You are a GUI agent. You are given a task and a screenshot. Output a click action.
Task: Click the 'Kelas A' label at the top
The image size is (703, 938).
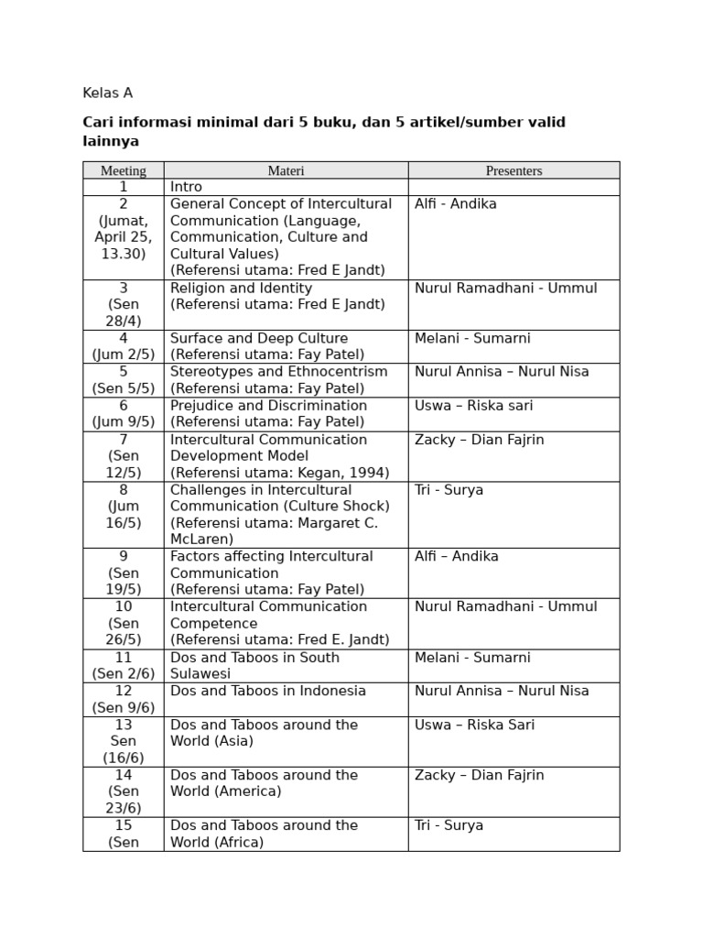pos(107,93)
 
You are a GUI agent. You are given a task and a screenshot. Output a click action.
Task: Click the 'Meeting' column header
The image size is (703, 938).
pos(123,170)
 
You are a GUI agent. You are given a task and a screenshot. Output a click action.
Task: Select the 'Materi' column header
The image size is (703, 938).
pos(286,170)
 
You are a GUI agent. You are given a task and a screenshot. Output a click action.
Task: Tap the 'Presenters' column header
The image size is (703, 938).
pos(514,170)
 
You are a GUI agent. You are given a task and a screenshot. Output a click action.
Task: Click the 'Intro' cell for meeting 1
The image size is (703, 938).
pos(186,187)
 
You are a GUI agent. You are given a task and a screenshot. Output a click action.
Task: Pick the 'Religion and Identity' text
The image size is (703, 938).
pos(241,288)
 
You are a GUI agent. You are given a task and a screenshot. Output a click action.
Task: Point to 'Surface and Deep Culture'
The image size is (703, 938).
pos(259,338)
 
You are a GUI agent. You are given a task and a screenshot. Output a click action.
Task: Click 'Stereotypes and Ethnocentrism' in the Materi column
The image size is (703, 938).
pos(278,372)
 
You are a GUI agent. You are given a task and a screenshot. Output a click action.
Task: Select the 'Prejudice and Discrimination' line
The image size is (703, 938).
pos(268,406)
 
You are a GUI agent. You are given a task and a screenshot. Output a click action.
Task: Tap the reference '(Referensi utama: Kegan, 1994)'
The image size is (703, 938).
pos(279,473)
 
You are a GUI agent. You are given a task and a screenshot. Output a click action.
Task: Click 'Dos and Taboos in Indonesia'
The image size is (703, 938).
pos(267,691)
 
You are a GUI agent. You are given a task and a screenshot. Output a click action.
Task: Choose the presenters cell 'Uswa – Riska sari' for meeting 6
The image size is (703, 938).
pos(473,406)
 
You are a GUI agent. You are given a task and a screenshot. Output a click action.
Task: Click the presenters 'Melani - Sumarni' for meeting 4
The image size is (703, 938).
pos(472,338)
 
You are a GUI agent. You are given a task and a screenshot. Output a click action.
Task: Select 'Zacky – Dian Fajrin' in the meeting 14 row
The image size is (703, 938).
pos(479,775)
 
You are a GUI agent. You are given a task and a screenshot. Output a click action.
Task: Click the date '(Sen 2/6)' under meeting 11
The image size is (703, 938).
pos(123,674)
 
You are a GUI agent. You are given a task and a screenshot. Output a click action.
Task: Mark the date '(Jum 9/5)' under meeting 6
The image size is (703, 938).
pos(123,422)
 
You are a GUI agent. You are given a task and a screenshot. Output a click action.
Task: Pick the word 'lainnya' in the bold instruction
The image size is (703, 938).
pos(111,142)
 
